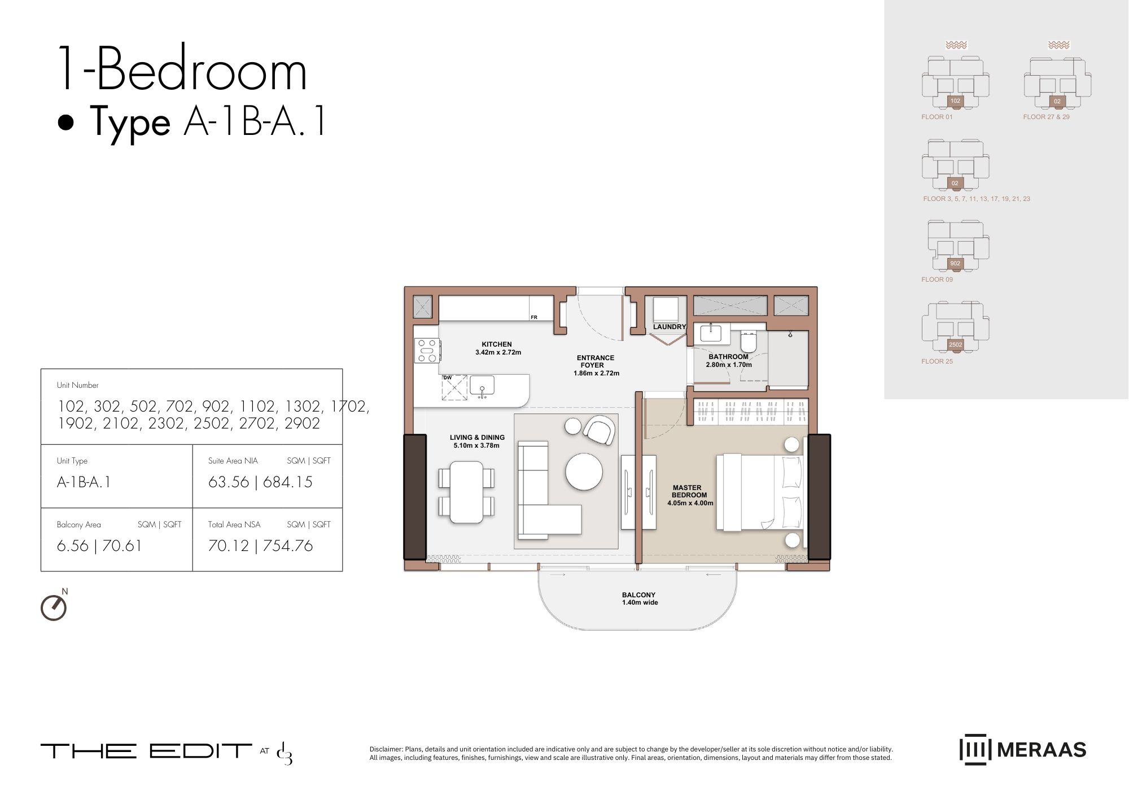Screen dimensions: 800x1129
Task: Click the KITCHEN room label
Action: point(497,344)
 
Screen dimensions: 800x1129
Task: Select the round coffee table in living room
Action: point(584,471)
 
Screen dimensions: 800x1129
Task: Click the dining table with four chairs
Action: point(466,492)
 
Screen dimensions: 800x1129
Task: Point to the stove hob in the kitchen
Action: point(427,351)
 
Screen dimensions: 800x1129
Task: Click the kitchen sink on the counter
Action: point(482,386)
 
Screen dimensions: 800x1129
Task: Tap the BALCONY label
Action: point(638,595)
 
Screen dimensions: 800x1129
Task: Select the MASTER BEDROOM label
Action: point(688,491)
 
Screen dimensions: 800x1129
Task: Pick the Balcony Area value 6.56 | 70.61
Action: point(99,546)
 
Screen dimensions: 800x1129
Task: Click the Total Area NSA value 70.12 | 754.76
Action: point(260,546)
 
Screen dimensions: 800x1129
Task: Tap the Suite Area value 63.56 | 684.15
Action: point(260,482)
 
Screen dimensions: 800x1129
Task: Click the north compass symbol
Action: point(54,607)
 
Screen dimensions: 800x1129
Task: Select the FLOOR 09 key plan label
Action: point(937,279)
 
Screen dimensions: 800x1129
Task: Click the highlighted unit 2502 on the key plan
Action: point(955,344)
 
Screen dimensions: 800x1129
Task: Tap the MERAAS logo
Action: point(1022,750)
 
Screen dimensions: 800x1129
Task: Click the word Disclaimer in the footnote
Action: point(386,749)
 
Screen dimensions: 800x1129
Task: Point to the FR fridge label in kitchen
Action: point(534,317)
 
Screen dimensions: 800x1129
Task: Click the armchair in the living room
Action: point(599,430)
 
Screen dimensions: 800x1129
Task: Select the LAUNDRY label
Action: point(669,327)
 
